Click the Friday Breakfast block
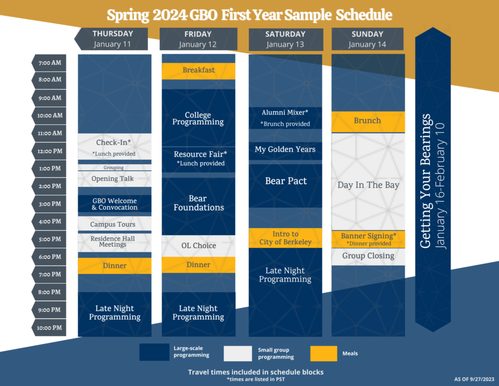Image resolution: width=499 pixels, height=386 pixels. [x=199, y=71]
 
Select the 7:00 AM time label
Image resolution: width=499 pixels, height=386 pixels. [x=49, y=63]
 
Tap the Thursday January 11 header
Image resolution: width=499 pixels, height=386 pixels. [x=111, y=39]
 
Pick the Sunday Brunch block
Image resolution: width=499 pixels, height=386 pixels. [x=368, y=122]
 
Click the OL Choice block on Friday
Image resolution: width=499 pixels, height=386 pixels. [x=199, y=246]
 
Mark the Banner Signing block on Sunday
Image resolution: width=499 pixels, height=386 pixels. [x=368, y=239]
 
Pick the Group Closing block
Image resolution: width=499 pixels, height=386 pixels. [x=368, y=257]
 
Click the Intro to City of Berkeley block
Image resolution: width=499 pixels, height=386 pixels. [x=285, y=238]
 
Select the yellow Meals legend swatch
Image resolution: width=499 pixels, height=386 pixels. [x=324, y=354]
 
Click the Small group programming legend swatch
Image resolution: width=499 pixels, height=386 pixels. [x=238, y=354]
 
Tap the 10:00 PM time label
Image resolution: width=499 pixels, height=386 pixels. [x=49, y=328]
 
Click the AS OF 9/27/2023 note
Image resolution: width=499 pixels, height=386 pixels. [x=474, y=379]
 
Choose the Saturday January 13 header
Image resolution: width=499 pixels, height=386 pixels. [x=286, y=39]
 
